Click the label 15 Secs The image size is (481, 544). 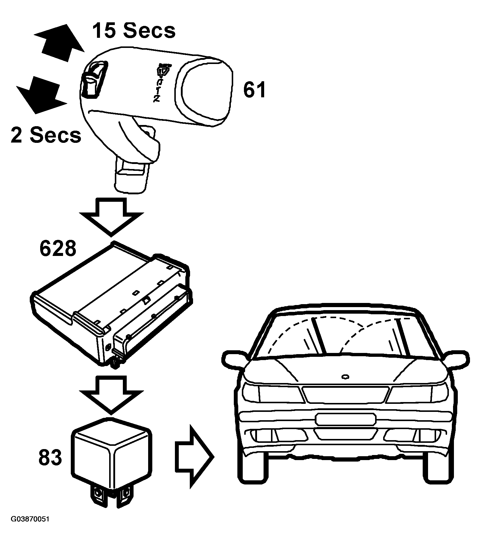[134, 30]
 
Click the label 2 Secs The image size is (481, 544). [46, 135]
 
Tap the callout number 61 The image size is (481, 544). [254, 90]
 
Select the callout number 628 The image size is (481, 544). [58, 248]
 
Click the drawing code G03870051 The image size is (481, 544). [30, 528]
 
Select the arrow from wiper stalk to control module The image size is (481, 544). [111, 216]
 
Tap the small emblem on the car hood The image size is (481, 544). [345, 377]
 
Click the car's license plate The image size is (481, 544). [345, 420]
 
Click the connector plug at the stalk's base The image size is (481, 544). [131, 176]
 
